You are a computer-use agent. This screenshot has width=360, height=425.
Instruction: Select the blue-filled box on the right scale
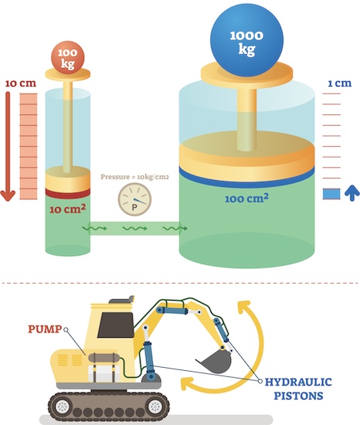(331, 193)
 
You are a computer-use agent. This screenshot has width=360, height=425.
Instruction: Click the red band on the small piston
(67, 192)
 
